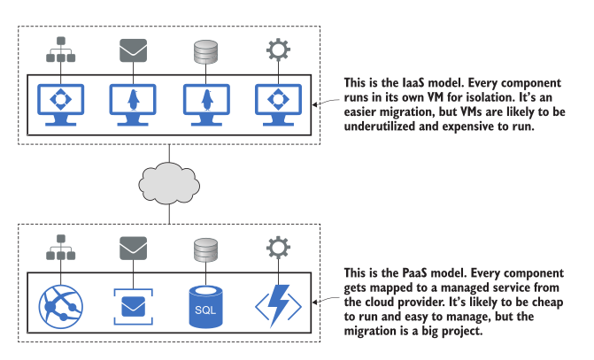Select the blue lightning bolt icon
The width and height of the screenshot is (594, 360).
click(x=277, y=302)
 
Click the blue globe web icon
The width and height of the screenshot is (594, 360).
click(x=60, y=302)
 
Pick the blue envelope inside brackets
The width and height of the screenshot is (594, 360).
click(x=132, y=302)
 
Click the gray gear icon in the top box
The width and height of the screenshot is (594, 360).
click(x=277, y=50)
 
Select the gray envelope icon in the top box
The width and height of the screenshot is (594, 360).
click(x=132, y=50)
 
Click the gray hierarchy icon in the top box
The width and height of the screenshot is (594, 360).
click(x=60, y=50)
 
